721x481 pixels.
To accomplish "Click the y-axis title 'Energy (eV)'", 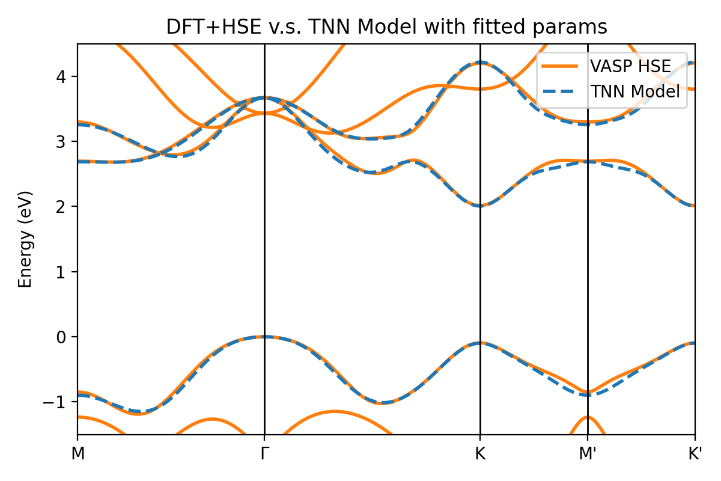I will pos(25,239).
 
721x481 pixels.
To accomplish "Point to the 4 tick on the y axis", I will pos(64,76).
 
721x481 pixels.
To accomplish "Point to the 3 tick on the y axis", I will pos(64,141).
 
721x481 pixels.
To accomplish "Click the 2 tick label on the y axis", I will pos(64,206).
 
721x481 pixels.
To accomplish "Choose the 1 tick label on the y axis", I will pos(64,272).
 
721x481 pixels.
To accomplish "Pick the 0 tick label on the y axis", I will pos(64,337).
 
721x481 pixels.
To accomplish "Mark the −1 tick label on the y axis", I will pos(59,402).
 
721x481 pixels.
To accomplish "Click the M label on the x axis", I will pos(78,453).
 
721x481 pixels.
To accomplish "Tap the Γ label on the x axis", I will pos(265,453).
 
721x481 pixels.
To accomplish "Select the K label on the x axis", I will pos(480,453).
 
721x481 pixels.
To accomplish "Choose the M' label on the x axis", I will pos(588,453).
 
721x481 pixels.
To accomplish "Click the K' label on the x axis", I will pos(695,453).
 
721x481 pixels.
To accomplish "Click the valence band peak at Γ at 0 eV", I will pos(265,337).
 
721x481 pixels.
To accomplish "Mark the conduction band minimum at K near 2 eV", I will pos(480,206).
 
